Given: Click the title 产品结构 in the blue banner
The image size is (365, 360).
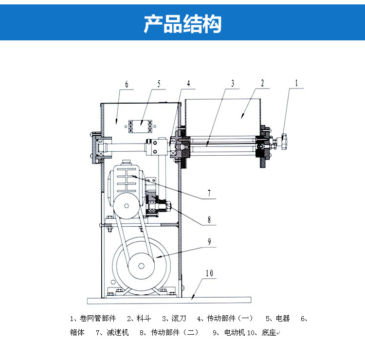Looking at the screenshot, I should pyautogui.click(x=182, y=23).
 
